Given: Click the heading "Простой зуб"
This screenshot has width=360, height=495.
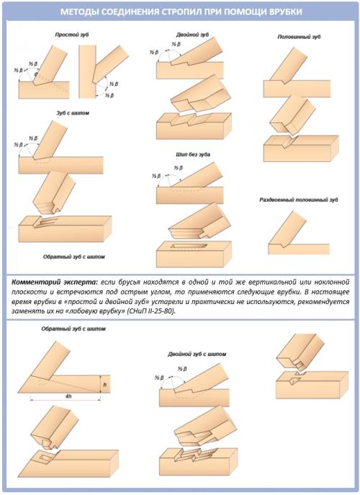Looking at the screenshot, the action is [x=72, y=35].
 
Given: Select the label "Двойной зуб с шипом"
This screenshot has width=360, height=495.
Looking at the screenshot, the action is [x=197, y=354].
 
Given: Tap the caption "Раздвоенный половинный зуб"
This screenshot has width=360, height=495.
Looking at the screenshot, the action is [x=299, y=200].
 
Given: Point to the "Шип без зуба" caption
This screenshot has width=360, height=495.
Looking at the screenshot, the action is [x=193, y=154].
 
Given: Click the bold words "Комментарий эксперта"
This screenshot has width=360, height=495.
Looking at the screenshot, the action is [x=54, y=281].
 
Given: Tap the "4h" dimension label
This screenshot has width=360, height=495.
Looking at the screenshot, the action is [x=68, y=396].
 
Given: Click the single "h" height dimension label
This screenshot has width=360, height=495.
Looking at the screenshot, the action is [x=104, y=384].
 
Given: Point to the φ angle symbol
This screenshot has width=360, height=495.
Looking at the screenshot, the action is [x=35, y=74].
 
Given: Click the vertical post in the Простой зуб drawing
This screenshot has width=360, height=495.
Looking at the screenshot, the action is [x=87, y=71].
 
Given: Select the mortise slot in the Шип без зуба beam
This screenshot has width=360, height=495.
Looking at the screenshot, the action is [x=189, y=246].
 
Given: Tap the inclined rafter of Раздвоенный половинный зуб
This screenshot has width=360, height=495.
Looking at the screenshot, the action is [x=287, y=228].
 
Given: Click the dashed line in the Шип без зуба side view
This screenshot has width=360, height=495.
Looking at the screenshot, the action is [x=186, y=190].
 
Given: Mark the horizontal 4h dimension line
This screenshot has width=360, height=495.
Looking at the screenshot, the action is [x=66, y=400].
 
